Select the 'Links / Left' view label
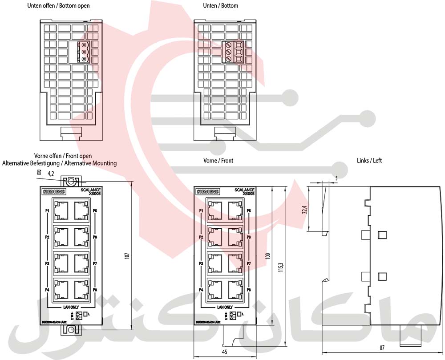point(369,160)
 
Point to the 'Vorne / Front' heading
point(218,160)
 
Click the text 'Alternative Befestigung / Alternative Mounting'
point(60,163)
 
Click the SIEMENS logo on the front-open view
point(53,192)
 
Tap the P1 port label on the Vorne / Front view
point(201,210)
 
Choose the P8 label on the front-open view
point(95,290)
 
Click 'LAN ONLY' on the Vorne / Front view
point(225,307)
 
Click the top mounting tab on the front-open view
point(70,182)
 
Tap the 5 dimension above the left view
point(336,178)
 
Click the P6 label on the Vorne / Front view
point(249,237)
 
